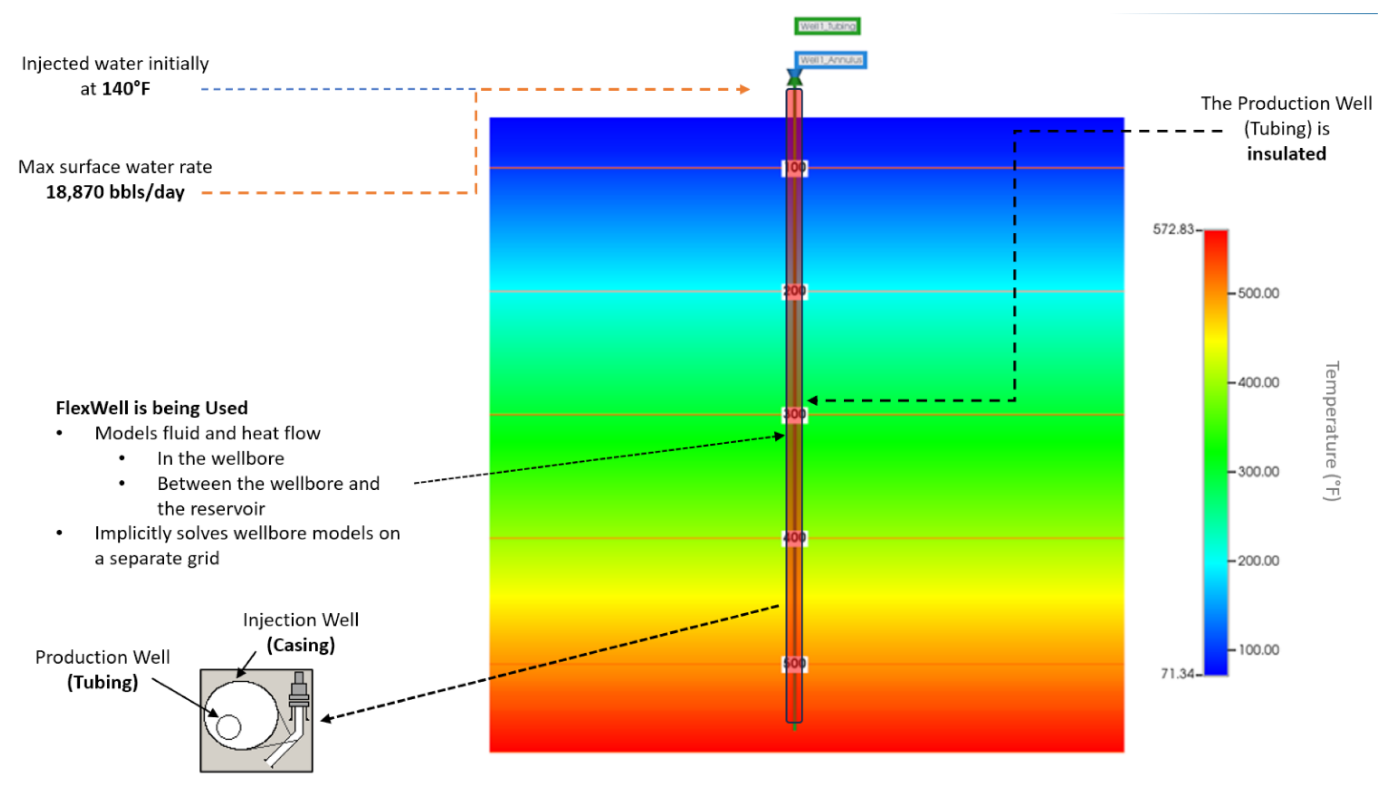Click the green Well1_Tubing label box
827,26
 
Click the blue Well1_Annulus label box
830,59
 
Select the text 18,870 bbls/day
115,192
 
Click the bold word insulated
1286,154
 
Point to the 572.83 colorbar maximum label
1173,229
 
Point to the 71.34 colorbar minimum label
1177,673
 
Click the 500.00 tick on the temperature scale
1258,293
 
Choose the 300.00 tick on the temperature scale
1258,472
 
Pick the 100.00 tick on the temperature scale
1258,650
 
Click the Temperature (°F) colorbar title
1331,431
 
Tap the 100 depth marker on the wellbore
794,167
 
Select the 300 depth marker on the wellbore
794,414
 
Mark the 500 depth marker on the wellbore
794,663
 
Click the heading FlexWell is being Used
151,408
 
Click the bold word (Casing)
301,645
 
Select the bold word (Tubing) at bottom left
102,682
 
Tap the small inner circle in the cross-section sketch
228,727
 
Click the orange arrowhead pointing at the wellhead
744,89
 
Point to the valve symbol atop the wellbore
794,76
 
